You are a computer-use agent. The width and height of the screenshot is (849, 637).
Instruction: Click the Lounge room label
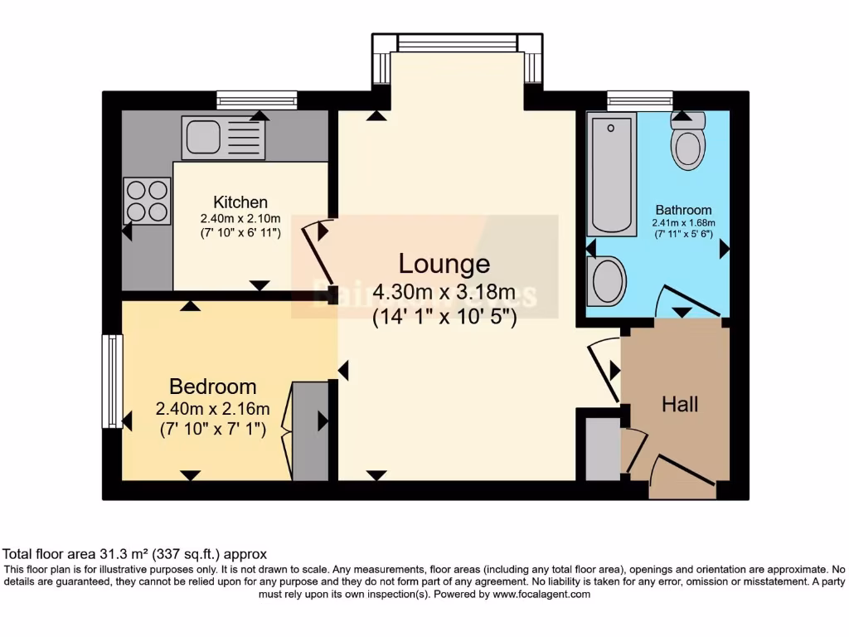click(444, 264)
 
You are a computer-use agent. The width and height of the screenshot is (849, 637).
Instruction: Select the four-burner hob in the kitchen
click(148, 202)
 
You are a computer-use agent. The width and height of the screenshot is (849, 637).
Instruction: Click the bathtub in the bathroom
click(613, 175)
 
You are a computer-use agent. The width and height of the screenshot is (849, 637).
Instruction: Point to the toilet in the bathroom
click(687, 142)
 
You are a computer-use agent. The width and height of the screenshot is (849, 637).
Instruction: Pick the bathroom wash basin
click(607, 280)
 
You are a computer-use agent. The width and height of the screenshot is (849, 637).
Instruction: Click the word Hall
click(680, 405)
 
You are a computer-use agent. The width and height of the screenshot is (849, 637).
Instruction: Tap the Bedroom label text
click(212, 387)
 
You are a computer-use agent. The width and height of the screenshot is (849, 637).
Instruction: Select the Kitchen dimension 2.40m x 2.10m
click(240, 218)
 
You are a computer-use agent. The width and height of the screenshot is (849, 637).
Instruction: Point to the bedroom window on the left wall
click(112, 381)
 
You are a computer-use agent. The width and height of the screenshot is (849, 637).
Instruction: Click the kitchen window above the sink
click(256, 100)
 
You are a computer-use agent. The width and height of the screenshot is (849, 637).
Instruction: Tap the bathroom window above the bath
click(639, 100)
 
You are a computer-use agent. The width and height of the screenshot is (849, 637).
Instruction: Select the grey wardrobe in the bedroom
click(310, 430)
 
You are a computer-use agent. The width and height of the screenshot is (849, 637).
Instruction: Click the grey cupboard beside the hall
click(602, 449)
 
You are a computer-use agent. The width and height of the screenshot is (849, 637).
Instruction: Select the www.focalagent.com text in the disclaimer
click(541, 594)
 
